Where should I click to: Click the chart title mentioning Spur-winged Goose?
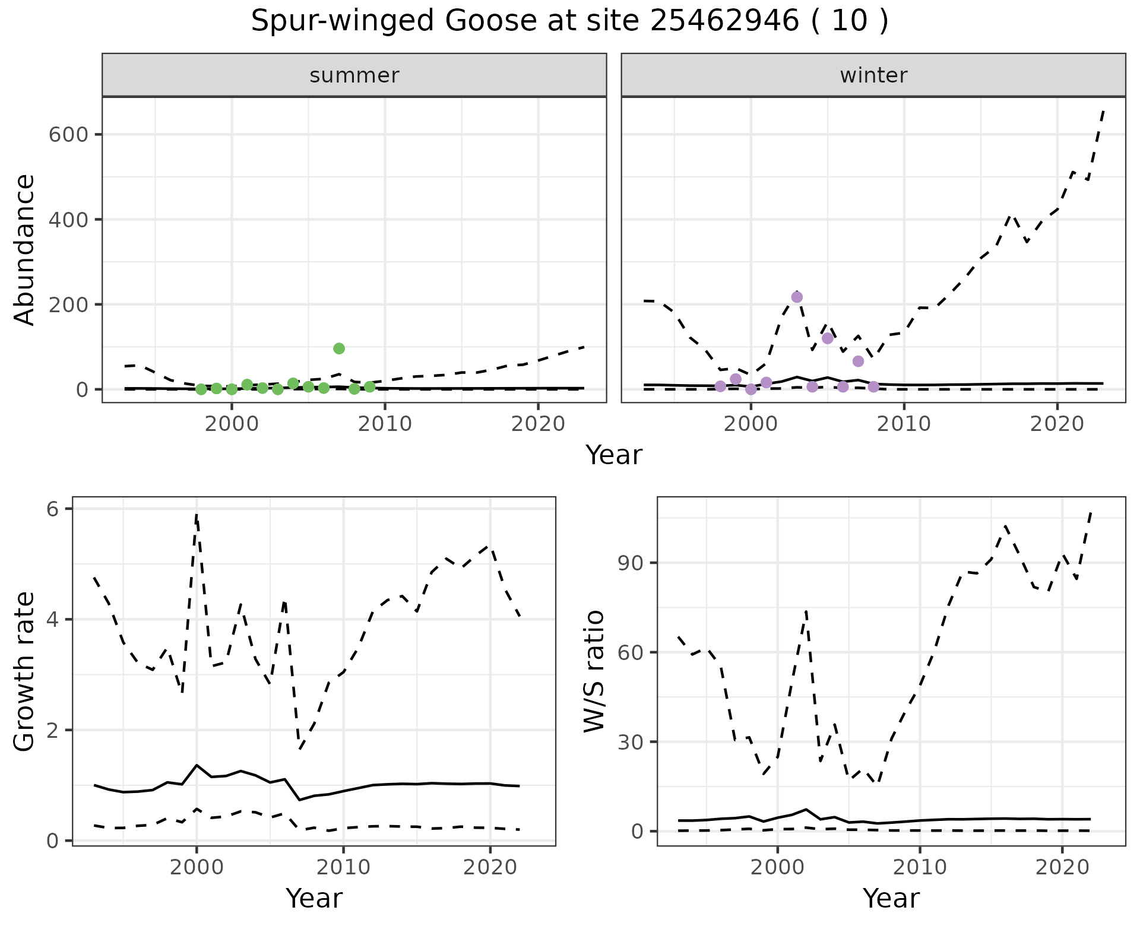point(569,21)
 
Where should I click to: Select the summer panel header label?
point(354,75)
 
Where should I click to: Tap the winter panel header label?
point(873,75)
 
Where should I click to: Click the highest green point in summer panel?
point(339,348)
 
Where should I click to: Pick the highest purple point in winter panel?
point(797,297)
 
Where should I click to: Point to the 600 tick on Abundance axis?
point(69,135)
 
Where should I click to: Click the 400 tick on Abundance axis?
point(69,220)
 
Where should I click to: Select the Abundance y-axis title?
point(25,249)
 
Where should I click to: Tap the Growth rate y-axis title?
point(25,671)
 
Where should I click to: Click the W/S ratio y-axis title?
point(594,671)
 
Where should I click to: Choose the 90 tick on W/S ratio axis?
point(632,563)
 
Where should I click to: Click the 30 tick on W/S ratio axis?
point(632,742)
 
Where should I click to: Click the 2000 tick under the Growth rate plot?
point(197,867)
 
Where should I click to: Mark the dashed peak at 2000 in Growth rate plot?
point(197,515)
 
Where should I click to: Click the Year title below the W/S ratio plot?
point(891,898)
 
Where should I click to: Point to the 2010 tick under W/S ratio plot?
point(920,867)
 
